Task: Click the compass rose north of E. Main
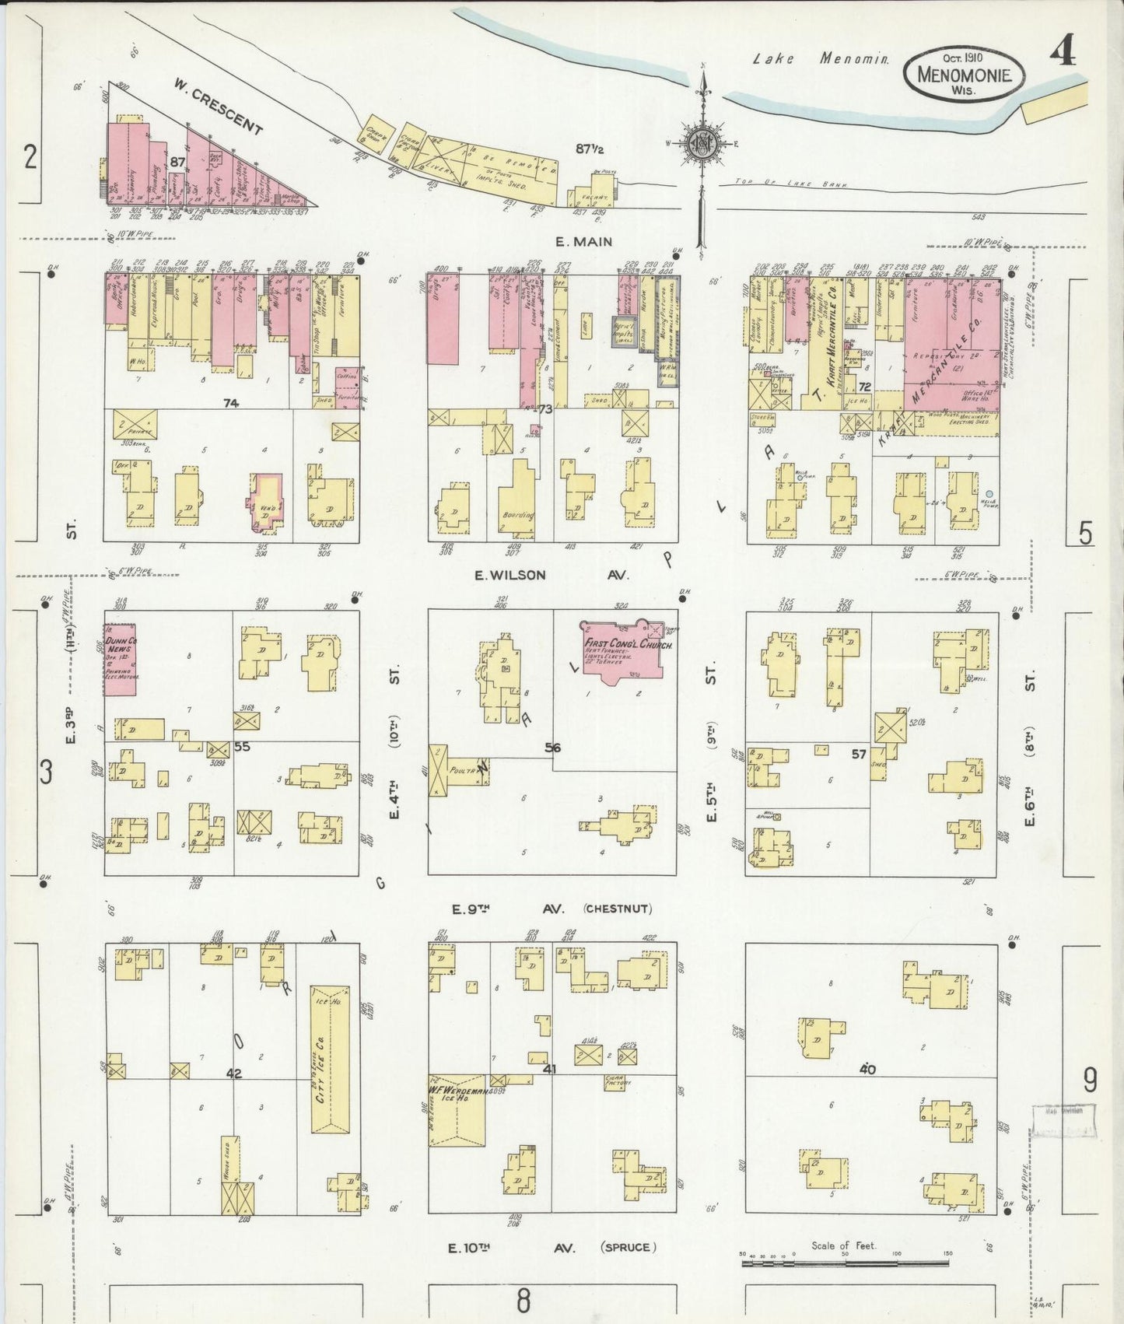coord(702,143)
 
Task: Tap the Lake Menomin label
coord(821,58)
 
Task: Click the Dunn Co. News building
coord(121,658)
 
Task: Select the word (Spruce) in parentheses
coord(627,1247)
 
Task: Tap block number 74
coord(229,403)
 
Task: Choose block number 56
coord(552,748)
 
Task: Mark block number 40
coord(867,1069)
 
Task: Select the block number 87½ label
coord(590,148)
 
